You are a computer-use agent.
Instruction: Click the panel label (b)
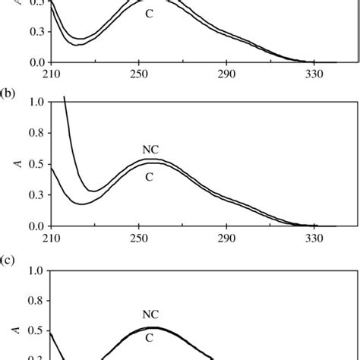(8, 93)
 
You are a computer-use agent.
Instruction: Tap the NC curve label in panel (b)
(150, 150)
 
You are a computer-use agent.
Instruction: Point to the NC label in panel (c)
(150, 314)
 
